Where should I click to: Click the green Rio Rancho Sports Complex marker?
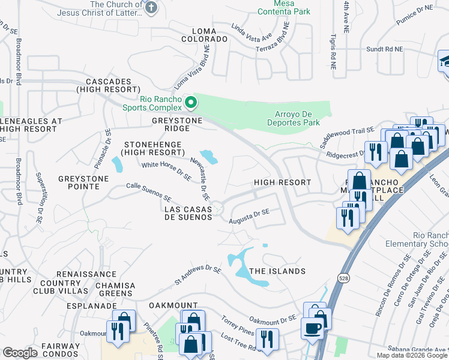190,103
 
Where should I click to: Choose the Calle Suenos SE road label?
149,193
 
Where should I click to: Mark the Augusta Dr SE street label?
249,216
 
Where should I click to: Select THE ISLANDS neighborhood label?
277,271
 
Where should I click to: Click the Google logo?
20,353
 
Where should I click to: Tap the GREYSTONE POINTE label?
83,182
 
